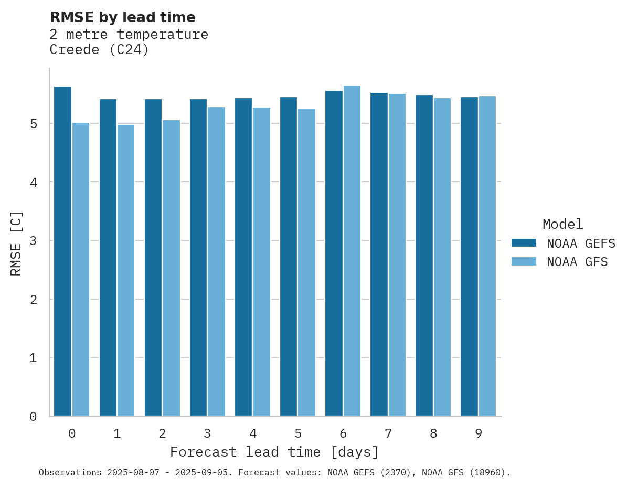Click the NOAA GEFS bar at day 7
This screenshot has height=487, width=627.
pos(379,254)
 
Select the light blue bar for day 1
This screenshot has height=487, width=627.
pos(126,270)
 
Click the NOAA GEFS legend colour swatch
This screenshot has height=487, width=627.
pos(524,243)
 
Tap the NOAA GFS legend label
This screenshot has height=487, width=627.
pos(577,262)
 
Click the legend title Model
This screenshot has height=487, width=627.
pos(562,224)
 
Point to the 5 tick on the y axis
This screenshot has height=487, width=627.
pos(33,124)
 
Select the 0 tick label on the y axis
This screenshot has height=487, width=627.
pos(33,417)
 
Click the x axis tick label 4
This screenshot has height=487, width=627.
pos(253,433)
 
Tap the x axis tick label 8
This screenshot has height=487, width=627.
pos(433,433)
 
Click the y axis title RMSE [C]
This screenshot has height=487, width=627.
pos(16,243)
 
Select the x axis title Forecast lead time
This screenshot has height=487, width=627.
pos(274,452)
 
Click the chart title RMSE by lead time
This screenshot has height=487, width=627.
pos(122,17)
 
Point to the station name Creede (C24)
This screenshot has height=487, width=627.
pos(99,50)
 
